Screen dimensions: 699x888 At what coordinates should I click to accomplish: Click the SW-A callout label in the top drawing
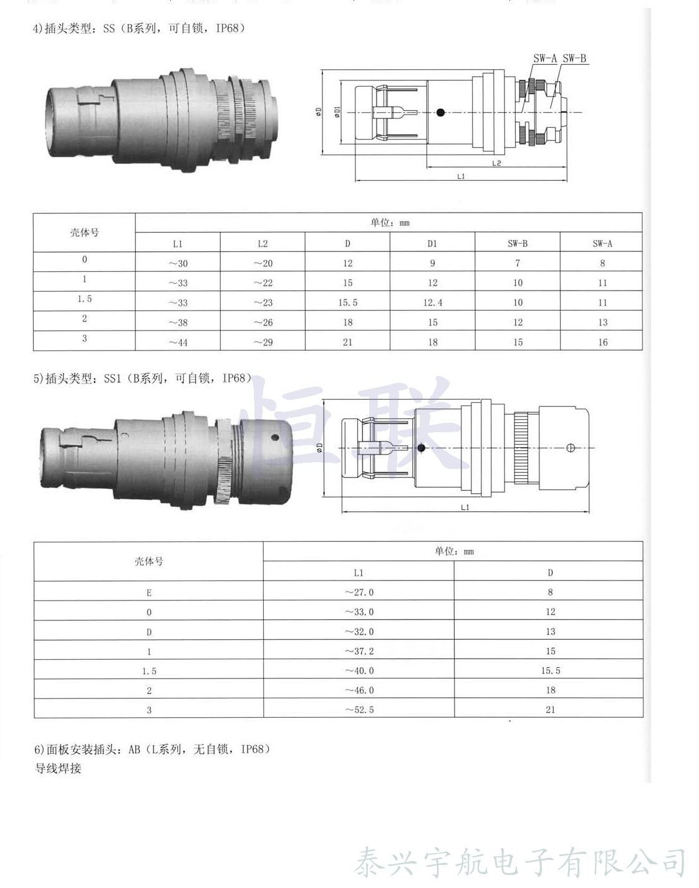click(545, 59)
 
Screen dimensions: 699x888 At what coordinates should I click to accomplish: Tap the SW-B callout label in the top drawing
click(574, 59)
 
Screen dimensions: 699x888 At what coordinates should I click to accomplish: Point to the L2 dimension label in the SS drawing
click(496, 163)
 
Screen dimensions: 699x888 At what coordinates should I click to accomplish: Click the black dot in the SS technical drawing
click(440, 112)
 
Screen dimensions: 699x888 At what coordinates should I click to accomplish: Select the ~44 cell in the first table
click(178, 342)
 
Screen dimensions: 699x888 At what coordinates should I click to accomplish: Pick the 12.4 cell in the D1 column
click(433, 303)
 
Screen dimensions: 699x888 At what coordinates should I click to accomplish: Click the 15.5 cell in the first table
click(347, 303)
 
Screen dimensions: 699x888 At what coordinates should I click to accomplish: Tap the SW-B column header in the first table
click(518, 244)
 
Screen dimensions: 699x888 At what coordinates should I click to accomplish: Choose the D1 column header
click(432, 244)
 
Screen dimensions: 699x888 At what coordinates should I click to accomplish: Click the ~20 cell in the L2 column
click(263, 263)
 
